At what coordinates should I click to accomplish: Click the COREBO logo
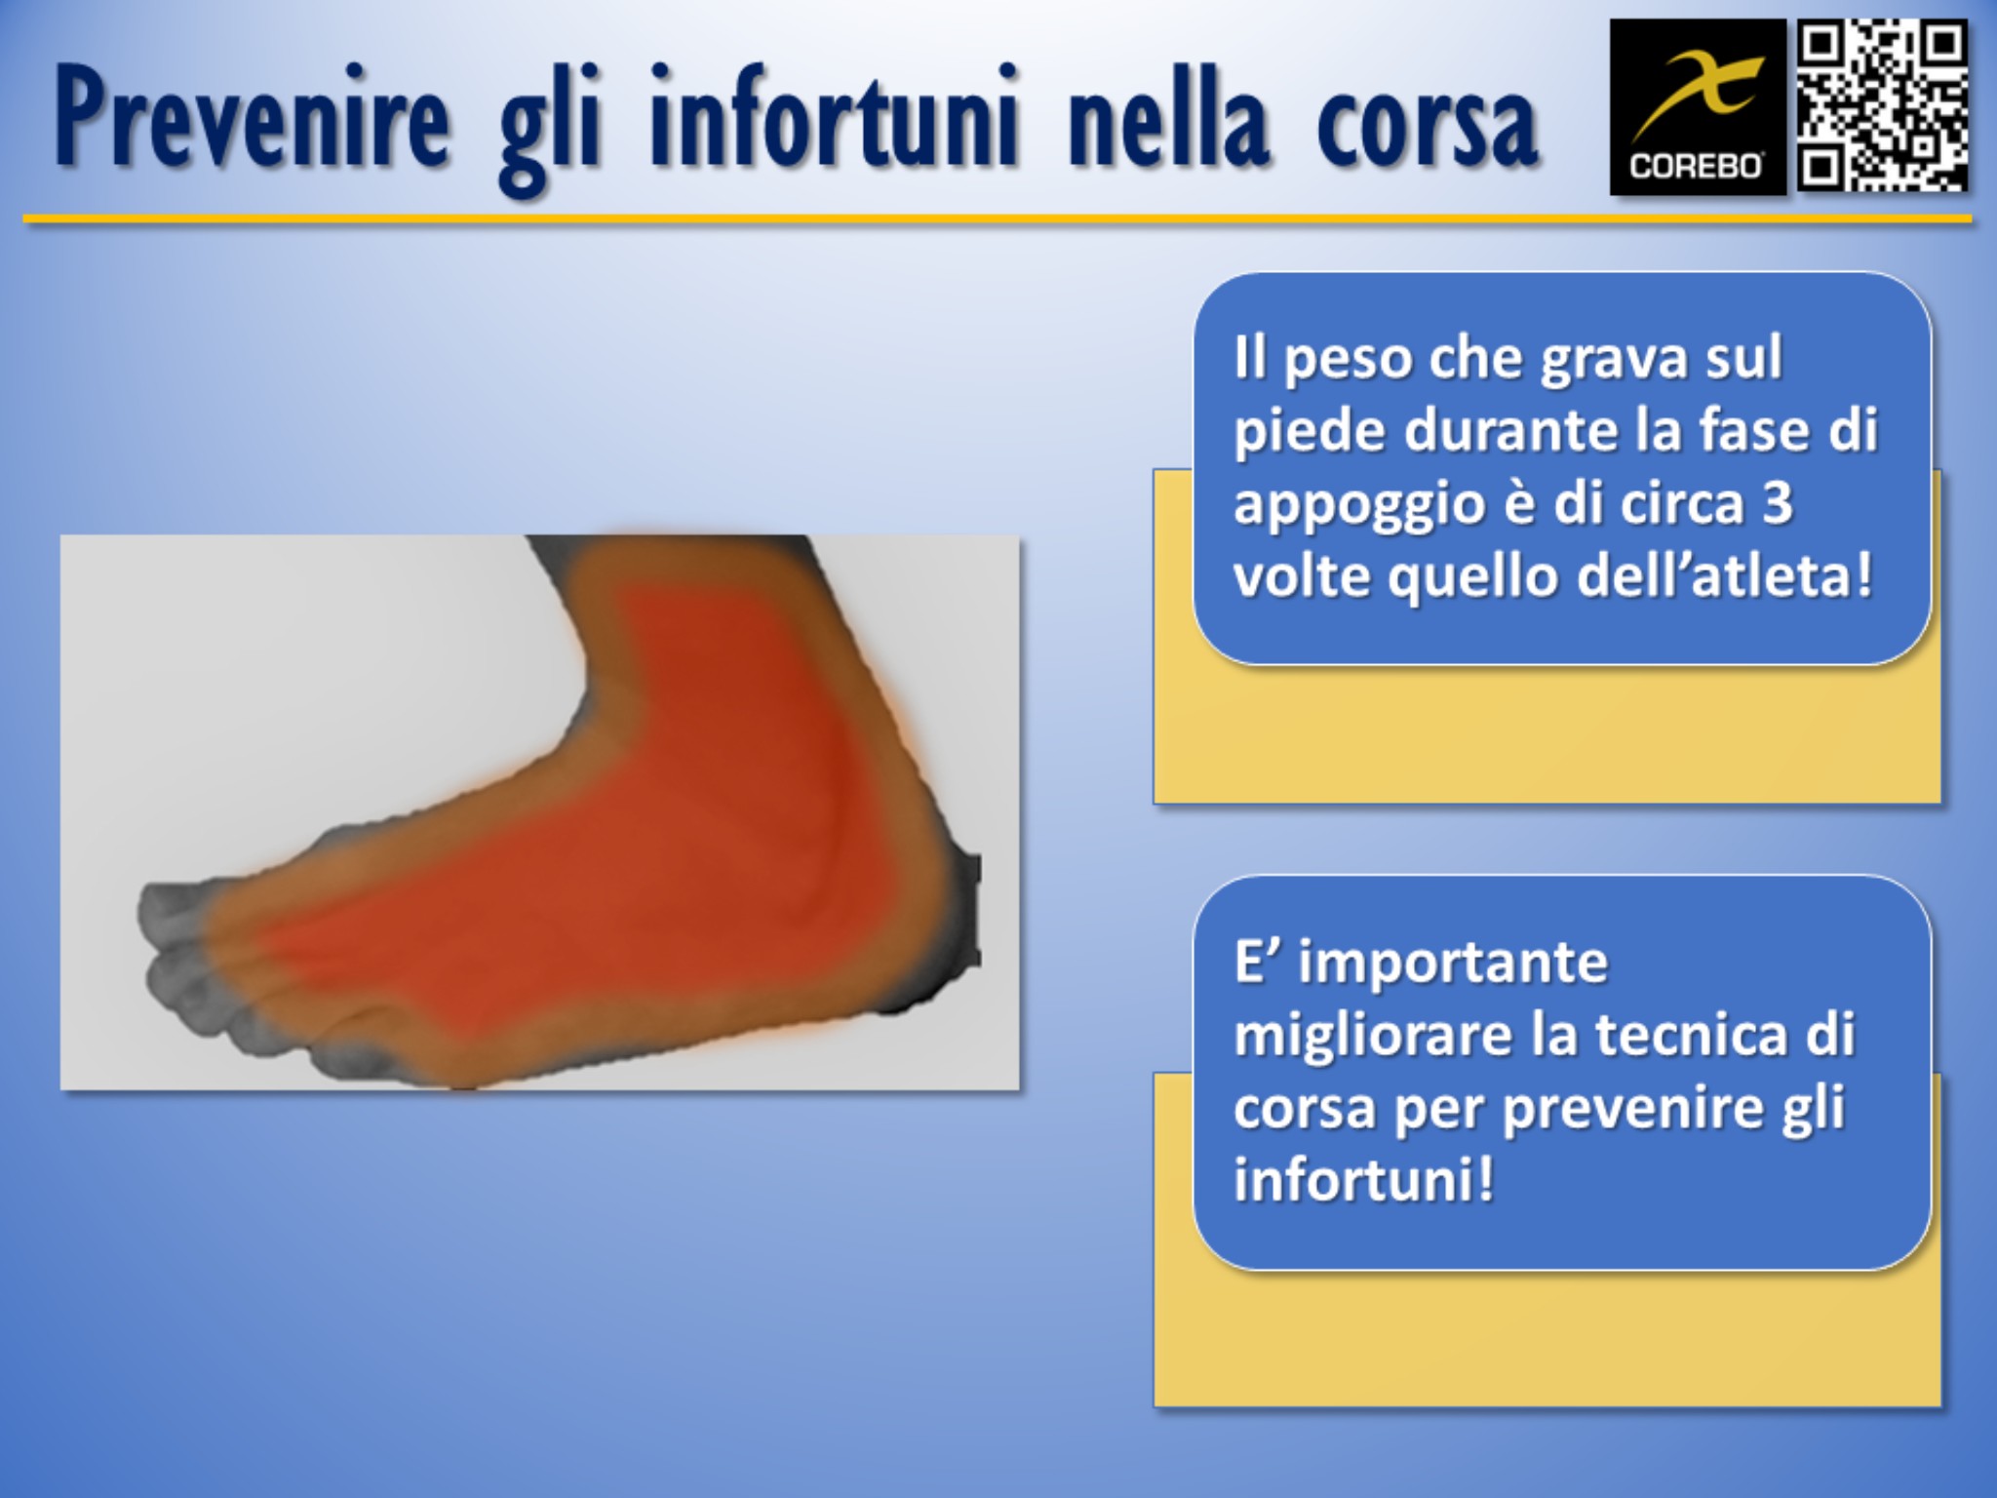click(1697, 107)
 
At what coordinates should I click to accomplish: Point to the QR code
click(1881, 106)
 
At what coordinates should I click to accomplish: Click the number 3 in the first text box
click(1778, 504)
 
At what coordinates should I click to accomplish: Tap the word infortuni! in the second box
click(1363, 1180)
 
